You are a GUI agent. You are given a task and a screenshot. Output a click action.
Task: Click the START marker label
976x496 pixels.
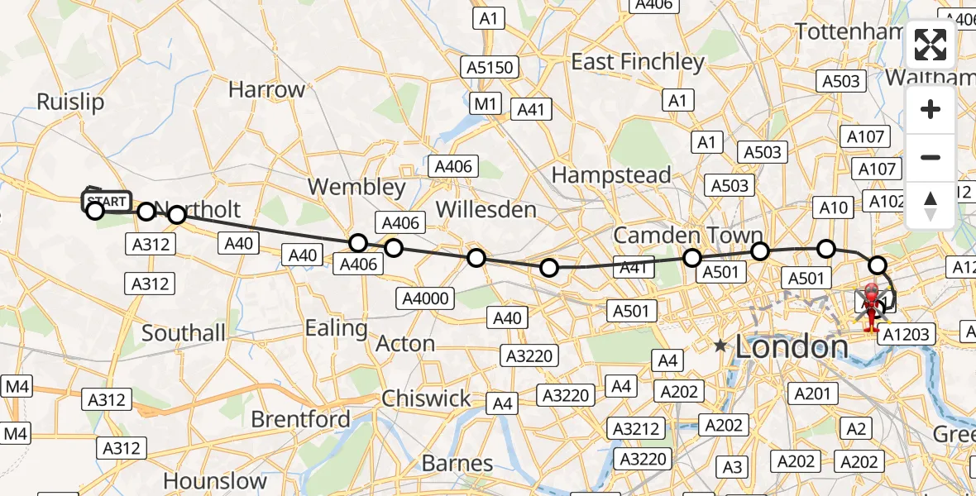[x=107, y=202]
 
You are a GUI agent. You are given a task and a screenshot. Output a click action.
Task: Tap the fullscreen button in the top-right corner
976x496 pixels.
[x=931, y=45]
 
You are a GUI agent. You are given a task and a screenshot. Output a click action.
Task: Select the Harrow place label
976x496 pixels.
[x=266, y=89]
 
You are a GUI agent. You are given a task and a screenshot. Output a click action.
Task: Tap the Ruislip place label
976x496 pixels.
[x=70, y=102]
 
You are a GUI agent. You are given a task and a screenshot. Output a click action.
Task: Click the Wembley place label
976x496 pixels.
[x=356, y=187]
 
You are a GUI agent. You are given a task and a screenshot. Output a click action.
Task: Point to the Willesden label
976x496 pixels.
[x=486, y=209]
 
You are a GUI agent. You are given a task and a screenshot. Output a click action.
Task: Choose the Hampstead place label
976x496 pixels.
[x=610, y=175]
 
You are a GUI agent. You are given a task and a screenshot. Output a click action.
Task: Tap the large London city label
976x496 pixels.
[x=792, y=346]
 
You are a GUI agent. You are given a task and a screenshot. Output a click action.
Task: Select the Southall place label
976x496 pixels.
[x=184, y=333]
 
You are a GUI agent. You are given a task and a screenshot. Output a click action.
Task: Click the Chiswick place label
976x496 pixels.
[x=426, y=398]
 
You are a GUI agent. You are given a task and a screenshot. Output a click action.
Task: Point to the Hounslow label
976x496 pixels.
[x=215, y=480]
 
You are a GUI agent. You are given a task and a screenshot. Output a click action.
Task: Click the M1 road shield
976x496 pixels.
[x=486, y=103]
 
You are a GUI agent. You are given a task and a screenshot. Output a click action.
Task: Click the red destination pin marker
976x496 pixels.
[x=872, y=308]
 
